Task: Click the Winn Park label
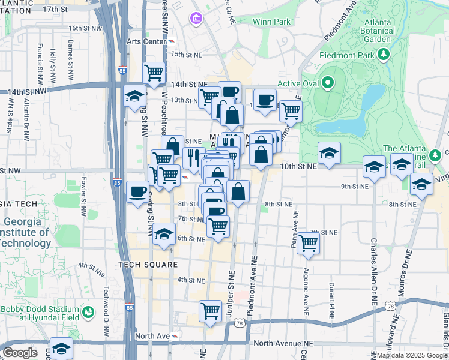click(x=271, y=22)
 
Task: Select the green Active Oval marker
click(x=328, y=83)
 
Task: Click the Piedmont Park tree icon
click(x=384, y=55)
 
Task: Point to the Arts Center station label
click(x=146, y=41)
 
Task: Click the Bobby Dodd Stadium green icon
click(x=88, y=312)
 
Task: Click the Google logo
click(x=20, y=353)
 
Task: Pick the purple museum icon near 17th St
click(x=196, y=19)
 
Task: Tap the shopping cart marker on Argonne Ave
click(x=308, y=243)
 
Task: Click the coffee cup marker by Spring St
click(x=137, y=192)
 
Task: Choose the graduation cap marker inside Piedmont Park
click(x=329, y=153)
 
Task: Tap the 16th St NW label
click(x=83, y=28)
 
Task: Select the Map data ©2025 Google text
click(x=411, y=355)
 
